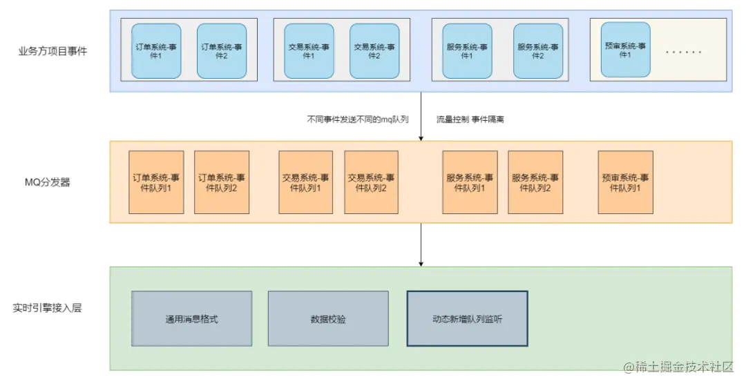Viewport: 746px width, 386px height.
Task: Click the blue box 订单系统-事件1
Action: pos(156,51)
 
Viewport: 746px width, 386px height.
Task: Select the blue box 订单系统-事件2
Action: pos(221,51)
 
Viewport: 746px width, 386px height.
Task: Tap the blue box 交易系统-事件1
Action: pos(309,51)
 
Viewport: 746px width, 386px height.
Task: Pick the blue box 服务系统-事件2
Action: pos(538,51)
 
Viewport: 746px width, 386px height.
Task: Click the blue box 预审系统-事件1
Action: pos(626,50)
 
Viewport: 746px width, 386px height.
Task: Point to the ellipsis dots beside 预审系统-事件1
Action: pos(684,52)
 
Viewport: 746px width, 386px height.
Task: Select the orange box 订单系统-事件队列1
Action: pos(156,182)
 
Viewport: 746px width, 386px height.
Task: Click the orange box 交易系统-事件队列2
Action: pos(371,182)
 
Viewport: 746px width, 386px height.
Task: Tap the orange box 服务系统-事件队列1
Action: pos(470,182)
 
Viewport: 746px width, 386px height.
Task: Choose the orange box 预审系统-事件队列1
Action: pos(625,182)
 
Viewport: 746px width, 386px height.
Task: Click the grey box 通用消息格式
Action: pos(191,318)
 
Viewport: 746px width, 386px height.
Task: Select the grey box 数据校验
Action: pos(328,318)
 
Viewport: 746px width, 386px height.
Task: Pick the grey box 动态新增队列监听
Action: pos(467,318)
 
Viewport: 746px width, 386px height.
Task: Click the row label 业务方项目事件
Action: pos(52,50)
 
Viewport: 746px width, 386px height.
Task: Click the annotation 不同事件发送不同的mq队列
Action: pos(358,119)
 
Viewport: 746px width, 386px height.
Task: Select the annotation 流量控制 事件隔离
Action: pos(470,119)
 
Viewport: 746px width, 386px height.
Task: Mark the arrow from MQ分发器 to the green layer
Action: pos(421,244)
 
